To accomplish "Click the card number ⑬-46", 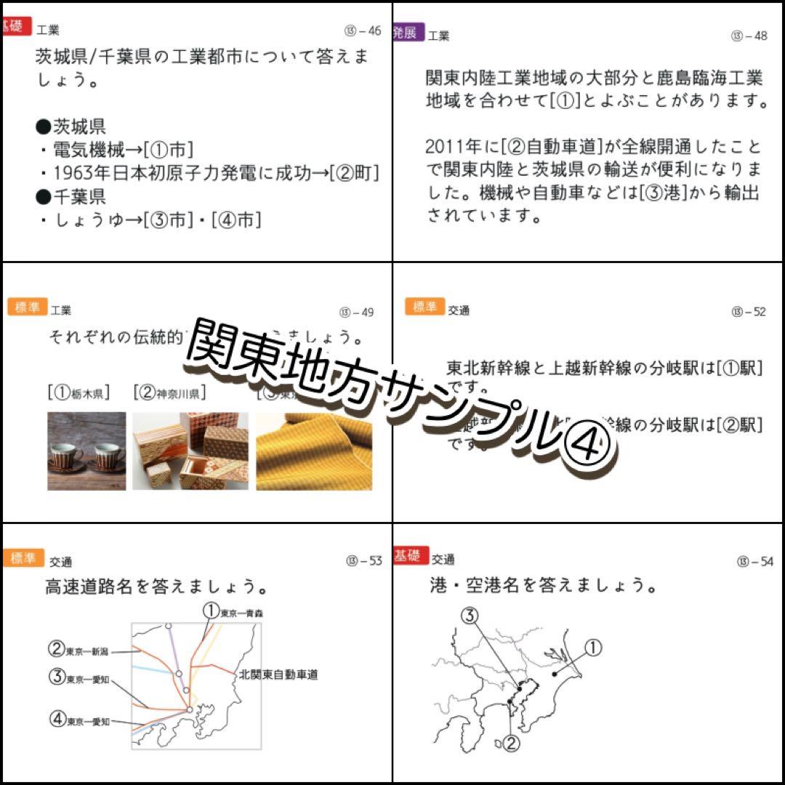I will point(363,31).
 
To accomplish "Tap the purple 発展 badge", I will point(408,32).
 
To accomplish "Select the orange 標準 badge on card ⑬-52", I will point(424,307).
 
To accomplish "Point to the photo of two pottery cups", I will point(86,451).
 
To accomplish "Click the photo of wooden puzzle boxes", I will point(190,451).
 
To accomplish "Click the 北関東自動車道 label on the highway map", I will point(278,675).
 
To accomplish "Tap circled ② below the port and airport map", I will point(511,742).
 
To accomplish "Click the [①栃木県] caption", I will point(79,393).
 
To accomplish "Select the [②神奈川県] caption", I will point(169,393).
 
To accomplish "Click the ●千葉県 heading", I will point(71,196).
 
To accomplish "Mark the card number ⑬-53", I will point(364,560).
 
